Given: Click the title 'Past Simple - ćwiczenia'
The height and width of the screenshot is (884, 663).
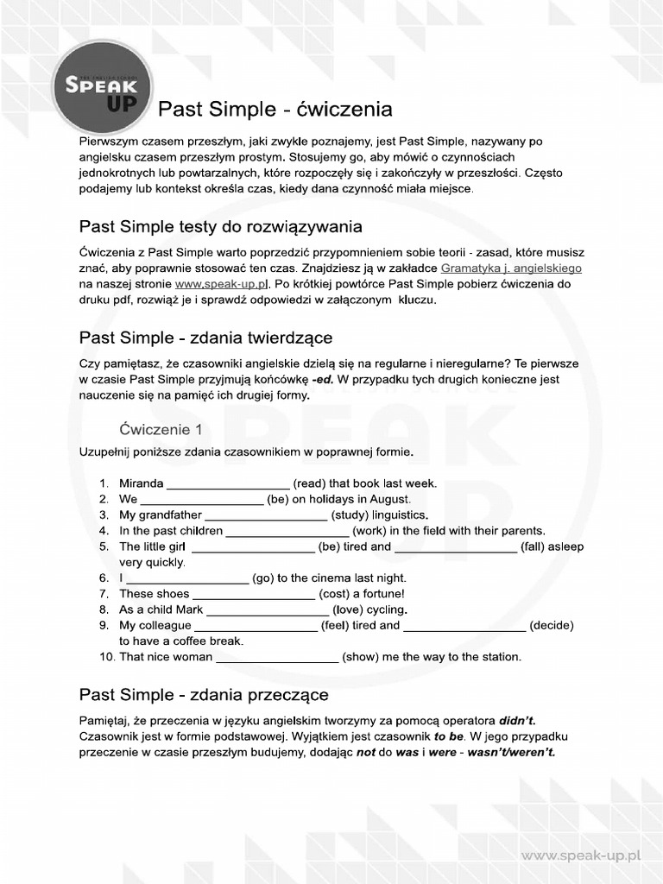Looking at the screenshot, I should [275, 110].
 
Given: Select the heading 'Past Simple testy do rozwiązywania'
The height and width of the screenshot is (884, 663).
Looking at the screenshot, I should [220, 227].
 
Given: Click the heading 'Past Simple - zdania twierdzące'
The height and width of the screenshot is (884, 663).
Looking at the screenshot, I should [205, 337].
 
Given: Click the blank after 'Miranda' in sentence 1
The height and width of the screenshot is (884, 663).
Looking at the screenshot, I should [228, 484].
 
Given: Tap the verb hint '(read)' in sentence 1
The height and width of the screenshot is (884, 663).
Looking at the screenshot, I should [309, 483].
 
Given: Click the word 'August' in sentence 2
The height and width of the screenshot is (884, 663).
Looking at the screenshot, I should [389, 499].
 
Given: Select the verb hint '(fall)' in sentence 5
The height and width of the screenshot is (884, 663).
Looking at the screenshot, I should [534, 547].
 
